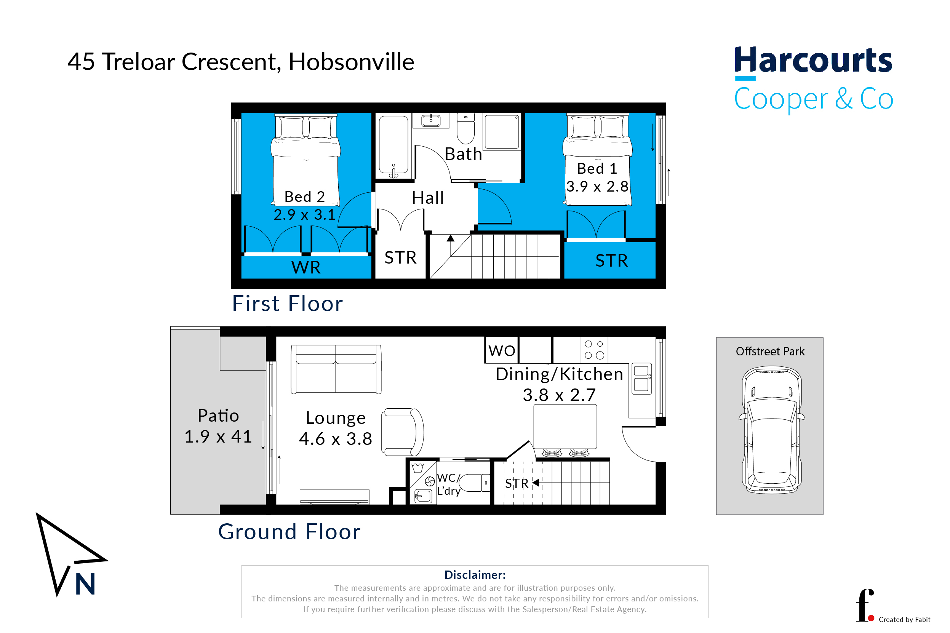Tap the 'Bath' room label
tap(463, 154)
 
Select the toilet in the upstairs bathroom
tap(465, 128)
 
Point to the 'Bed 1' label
tap(597, 168)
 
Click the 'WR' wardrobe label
tap(305, 267)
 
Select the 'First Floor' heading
tap(287, 303)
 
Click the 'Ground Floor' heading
tap(289, 531)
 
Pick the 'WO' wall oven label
tap(502, 351)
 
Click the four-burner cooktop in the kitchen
tap(594, 350)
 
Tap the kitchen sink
tap(641, 378)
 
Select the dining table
tap(565, 427)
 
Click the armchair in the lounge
tap(402, 432)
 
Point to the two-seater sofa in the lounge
tap(336, 369)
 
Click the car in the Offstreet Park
tap(772, 430)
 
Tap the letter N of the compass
tap(85, 584)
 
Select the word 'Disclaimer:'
tap(475, 574)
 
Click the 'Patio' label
tap(218, 416)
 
